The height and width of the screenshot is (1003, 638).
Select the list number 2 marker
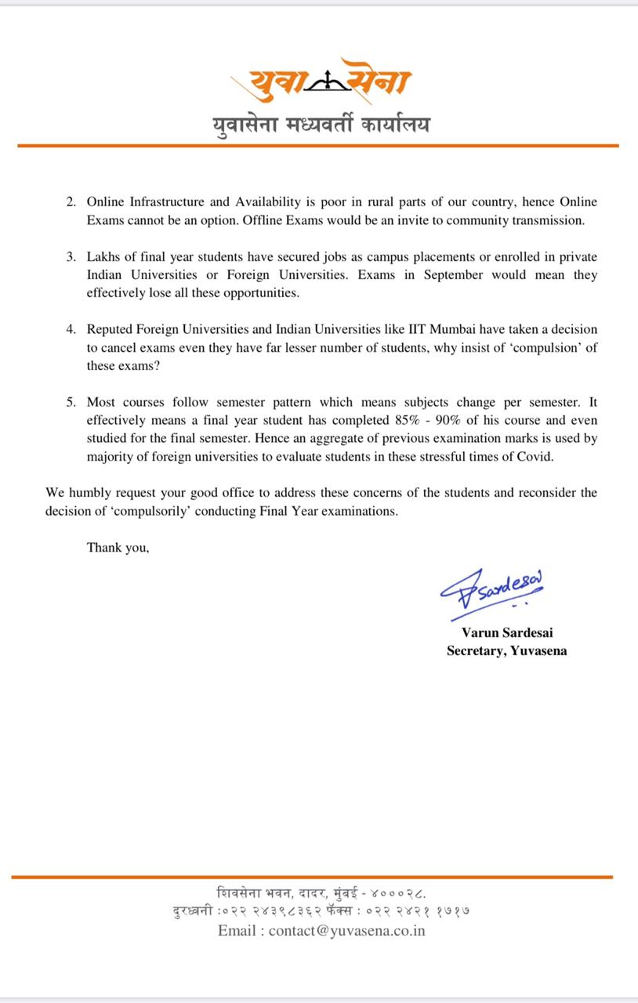coord(71,202)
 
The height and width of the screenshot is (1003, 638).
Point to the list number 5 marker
coord(71,402)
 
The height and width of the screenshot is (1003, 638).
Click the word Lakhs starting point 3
coord(103,257)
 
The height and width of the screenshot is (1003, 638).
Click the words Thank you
coord(118,548)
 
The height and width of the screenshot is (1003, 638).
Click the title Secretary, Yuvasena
coord(507,650)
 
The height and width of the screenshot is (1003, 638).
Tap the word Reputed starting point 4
coord(111,329)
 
